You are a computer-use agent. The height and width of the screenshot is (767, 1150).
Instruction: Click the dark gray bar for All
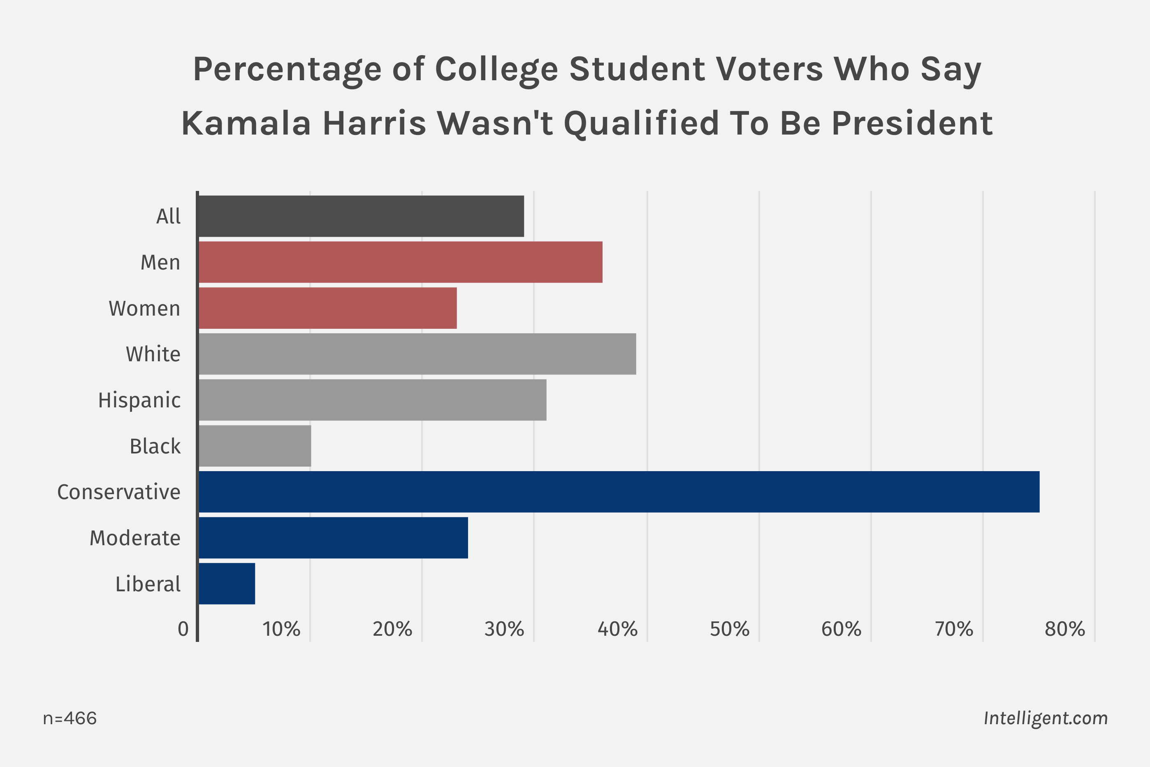tap(361, 216)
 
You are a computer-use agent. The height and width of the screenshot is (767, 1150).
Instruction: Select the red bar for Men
tap(400, 262)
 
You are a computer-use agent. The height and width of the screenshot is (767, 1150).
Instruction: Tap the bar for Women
tap(327, 308)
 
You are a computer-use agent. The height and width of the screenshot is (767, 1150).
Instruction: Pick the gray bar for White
tap(417, 354)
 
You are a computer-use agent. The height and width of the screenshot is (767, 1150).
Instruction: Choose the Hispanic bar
tap(372, 400)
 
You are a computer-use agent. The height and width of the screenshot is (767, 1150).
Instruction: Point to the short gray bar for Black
tap(255, 446)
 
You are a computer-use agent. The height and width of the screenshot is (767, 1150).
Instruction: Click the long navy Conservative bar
tap(619, 492)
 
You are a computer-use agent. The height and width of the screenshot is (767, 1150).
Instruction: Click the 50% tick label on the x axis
tap(730, 630)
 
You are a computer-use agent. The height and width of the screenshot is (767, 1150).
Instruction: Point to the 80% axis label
tap(1065, 630)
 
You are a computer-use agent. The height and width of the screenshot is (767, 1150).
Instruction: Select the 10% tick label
tap(281, 630)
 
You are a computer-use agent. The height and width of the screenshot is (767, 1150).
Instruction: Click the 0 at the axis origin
tap(183, 630)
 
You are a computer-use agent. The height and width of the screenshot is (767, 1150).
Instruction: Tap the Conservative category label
tap(119, 492)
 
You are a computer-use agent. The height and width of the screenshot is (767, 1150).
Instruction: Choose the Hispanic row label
tap(139, 400)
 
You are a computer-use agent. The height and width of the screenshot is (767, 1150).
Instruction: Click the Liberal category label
tap(148, 584)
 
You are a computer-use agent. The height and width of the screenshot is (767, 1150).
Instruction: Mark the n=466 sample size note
tap(70, 718)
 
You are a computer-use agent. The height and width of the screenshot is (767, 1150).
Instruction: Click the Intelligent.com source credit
tap(1046, 718)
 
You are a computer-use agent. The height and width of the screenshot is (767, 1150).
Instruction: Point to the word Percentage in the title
tap(287, 70)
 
